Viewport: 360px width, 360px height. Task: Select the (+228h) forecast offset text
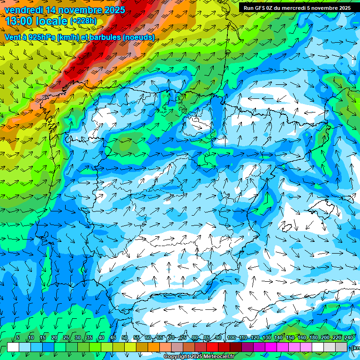click(x=83, y=21)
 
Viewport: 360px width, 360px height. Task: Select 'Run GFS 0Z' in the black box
click(x=258, y=8)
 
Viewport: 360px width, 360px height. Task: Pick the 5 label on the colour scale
click(x=18, y=338)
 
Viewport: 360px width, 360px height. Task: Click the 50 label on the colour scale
click(x=125, y=338)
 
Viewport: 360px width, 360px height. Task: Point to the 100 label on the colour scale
click(x=231, y=338)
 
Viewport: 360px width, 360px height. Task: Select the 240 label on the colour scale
click(x=349, y=338)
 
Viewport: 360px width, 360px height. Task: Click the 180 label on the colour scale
click(x=313, y=338)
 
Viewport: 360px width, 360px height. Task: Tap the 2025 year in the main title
click(x=112, y=9)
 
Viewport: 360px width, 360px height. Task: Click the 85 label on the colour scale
click(x=207, y=338)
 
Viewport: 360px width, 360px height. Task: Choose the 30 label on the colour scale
click(x=77, y=338)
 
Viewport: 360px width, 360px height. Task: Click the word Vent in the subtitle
click(x=13, y=37)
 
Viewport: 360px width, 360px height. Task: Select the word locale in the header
click(x=51, y=21)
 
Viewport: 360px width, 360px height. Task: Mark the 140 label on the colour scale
click(x=278, y=338)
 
